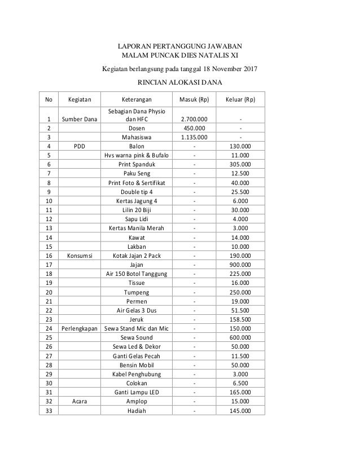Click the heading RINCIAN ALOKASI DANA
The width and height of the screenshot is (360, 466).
pyautogui.click(x=180, y=83)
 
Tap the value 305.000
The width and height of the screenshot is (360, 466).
pyautogui.click(x=242, y=164)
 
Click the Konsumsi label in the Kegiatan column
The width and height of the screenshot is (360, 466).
pyautogui.click(x=80, y=255)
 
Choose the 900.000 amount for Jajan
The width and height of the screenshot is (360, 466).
pyautogui.click(x=242, y=265)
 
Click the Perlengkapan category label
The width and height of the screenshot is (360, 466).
pyautogui.click(x=80, y=328)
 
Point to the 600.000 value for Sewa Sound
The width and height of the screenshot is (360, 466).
pyautogui.click(x=242, y=337)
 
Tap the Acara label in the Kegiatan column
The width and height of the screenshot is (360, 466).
pyautogui.click(x=80, y=401)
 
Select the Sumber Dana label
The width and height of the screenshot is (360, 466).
pyautogui.click(x=80, y=119)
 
